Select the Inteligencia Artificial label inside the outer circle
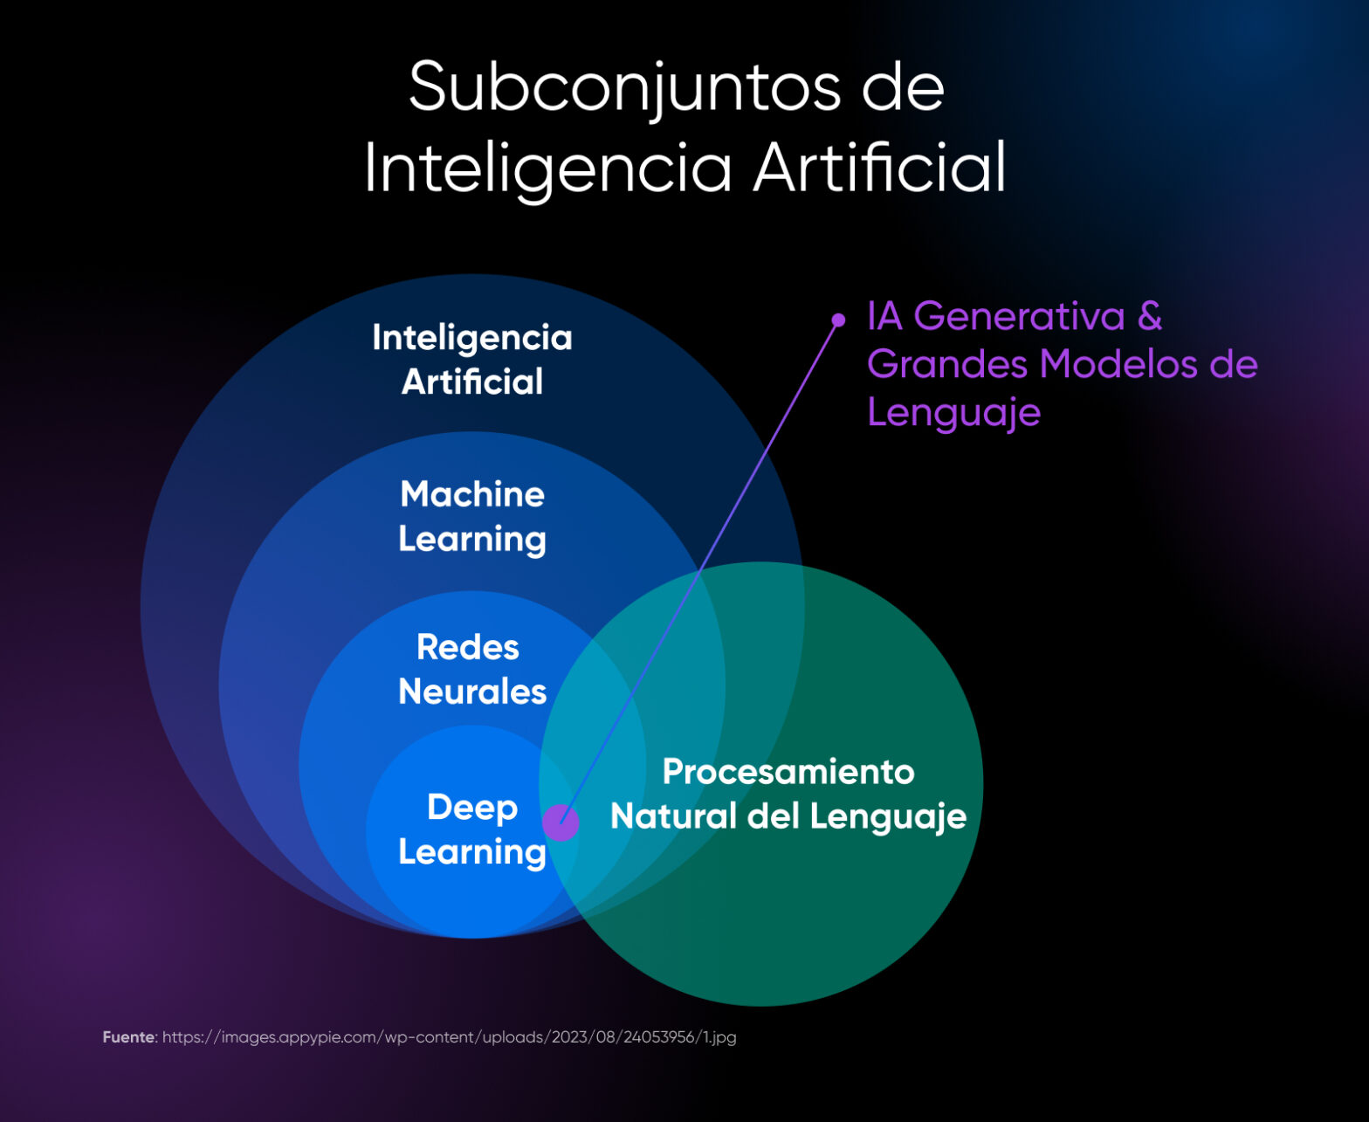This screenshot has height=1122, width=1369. (x=472, y=359)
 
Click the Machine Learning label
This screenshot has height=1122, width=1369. (x=472, y=516)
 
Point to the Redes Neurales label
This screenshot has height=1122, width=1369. (x=472, y=669)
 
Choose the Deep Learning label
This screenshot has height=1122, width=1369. (x=472, y=829)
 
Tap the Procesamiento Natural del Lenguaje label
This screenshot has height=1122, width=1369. (x=788, y=794)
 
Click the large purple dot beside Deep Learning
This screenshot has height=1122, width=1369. (x=561, y=823)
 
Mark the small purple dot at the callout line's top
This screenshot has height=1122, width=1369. (x=838, y=320)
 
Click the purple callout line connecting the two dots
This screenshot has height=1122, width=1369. (x=699, y=572)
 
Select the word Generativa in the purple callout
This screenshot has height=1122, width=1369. (x=1019, y=316)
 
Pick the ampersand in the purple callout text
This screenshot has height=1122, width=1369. (x=1150, y=316)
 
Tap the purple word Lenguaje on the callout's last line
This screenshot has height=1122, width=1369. (x=953, y=412)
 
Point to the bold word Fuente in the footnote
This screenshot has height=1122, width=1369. (x=128, y=1037)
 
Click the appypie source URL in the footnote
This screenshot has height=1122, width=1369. (x=449, y=1037)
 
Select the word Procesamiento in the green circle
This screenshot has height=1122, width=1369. (x=788, y=772)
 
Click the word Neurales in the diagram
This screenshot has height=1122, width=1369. (x=472, y=692)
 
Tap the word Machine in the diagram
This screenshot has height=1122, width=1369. (x=472, y=494)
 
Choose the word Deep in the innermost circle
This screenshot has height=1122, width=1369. (x=472, y=807)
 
